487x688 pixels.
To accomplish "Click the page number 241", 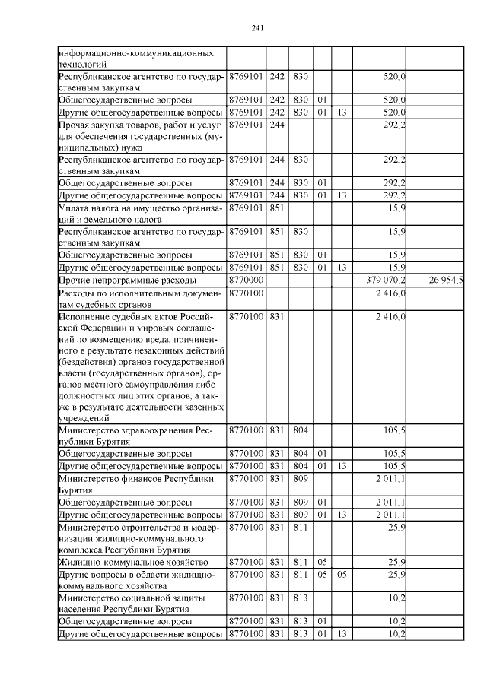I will tap(257, 28).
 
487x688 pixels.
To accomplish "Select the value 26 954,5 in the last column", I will tap(455, 281).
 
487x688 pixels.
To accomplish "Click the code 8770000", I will tap(246, 281).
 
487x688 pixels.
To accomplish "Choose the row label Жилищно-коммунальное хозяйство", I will tap(123, 562).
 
